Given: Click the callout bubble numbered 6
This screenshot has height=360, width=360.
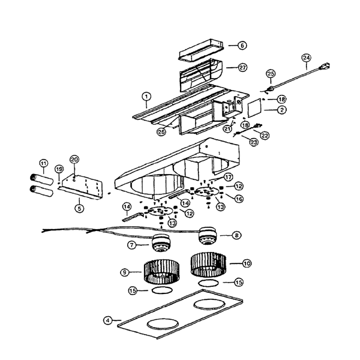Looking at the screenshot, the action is [242, 46].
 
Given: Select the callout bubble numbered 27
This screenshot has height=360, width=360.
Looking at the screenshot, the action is [242, 68].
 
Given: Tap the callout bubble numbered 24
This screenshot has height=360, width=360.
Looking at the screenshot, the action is [306, 58].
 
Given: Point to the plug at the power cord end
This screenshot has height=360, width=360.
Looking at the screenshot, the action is [324, 67].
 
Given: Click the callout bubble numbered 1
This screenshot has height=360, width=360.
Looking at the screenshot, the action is [146, 97].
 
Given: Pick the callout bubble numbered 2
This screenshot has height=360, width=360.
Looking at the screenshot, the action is [282, 110].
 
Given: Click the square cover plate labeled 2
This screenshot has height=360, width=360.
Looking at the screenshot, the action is [255, 107].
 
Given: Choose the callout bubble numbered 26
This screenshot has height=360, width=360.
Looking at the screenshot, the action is [161, 132].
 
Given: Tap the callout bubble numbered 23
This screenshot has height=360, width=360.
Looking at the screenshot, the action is [254, 142].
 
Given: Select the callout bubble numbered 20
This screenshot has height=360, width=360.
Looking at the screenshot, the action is [74, 160].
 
